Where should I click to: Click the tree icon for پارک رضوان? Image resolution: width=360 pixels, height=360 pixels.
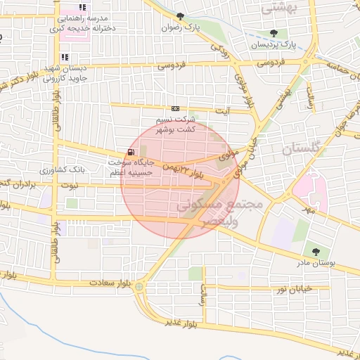(x=181, y=16)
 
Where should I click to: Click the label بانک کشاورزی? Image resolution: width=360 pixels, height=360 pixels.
(x=63, y=170)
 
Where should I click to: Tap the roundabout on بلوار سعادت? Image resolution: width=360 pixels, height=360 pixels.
(x=139, y=286)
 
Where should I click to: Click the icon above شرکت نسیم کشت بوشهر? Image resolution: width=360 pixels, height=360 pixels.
(x=174, y=108)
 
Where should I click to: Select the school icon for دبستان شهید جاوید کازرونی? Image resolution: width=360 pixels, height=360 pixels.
(x=65, y=58)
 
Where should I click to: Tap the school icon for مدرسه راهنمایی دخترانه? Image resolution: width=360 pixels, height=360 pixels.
(x=82, y=8)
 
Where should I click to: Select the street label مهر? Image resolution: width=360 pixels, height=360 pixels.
(x=306, y=209)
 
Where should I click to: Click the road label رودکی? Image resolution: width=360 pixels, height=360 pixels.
(x=220, y=51)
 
